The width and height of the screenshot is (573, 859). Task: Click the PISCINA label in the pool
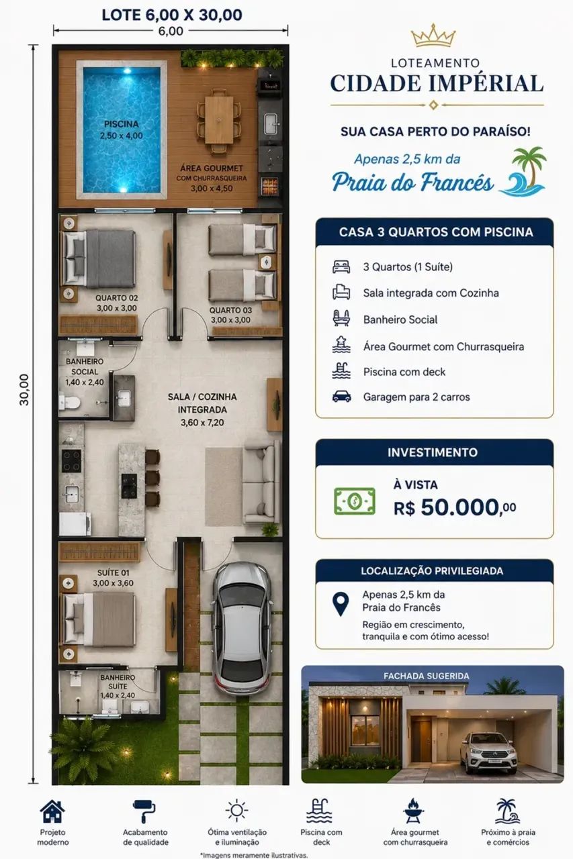[122, 124]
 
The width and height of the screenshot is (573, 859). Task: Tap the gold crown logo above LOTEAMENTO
[433, 36]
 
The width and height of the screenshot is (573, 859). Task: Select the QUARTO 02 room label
[117, 298]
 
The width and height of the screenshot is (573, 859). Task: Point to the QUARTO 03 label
[230, 310]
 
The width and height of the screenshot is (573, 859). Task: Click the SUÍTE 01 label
[113, 573]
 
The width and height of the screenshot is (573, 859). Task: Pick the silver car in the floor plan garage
[242, 629]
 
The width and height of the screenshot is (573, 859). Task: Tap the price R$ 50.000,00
[455, 508]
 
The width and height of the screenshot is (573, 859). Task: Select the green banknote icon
[355, 501]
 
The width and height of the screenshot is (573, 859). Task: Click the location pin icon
[341, 604]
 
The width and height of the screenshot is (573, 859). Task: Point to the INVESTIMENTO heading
[433, 452]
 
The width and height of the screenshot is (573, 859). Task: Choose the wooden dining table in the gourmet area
[219, 119]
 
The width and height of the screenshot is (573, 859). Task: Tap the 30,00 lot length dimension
[24, 390]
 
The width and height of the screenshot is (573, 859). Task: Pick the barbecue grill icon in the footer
[414, 811]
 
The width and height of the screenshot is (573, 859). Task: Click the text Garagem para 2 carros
[416, 397]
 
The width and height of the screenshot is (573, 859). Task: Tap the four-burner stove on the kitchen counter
[72, 461]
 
